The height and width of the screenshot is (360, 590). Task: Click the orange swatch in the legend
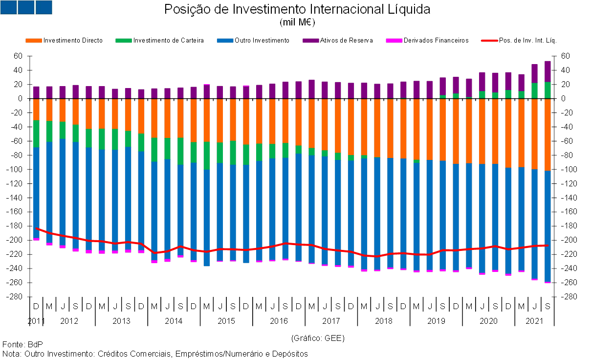[x=34, y=41]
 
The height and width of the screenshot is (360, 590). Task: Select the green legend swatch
[x=124, y=41]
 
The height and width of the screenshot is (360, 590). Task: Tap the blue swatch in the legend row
[x=225, y=41]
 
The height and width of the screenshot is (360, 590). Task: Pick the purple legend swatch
[x=311, y=41]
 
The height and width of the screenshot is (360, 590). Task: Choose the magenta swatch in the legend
[x=394, y=41]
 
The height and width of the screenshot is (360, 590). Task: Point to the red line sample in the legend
[x=490, y=41]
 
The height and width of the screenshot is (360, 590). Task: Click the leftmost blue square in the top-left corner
[x=8, y=7]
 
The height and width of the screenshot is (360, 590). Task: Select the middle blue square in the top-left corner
[x=26, y=7]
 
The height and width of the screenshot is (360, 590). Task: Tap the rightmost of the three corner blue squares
[x=44, y=7]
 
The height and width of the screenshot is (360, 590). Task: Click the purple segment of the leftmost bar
[x=36, y=92]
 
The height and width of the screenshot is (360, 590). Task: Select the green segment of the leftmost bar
[x=36, y=134]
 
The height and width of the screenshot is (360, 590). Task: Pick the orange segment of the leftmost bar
[x=36, y=109]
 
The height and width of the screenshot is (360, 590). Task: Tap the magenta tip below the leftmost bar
[x=36, y=239]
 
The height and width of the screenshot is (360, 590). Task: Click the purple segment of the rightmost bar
[x=547, y=71]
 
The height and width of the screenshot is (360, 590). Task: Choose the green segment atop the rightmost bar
[x=547, y=90]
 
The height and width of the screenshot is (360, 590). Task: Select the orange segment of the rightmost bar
[x=547, y=135]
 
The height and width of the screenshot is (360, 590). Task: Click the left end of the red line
[x=37, y=228]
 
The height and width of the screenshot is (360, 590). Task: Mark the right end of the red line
[x=547, y=246]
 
